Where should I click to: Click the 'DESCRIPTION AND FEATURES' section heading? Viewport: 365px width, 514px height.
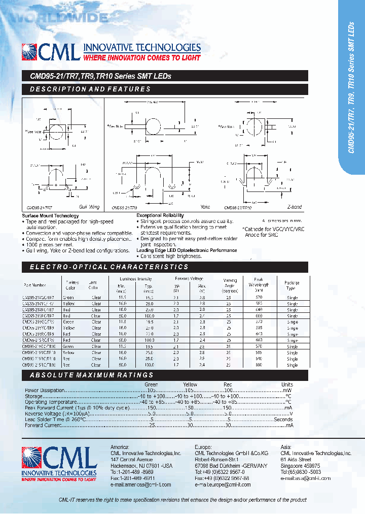[90, 89]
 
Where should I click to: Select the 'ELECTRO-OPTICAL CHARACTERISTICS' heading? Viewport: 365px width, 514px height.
[108, 267]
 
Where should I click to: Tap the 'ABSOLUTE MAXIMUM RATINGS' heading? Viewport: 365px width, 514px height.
[91, 375]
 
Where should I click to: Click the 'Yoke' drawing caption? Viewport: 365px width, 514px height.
[205, 207]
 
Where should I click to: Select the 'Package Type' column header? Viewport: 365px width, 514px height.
[292, 285]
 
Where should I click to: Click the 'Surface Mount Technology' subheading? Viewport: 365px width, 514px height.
[51, 216]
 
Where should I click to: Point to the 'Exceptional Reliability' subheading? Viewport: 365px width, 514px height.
[160, 216]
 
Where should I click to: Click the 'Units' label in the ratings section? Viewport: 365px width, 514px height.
[287, 384]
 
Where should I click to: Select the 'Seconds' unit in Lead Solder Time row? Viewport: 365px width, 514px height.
[283, 420]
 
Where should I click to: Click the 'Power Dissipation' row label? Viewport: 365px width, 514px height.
[45, 390]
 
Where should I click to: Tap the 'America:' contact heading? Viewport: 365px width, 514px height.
[120, 447]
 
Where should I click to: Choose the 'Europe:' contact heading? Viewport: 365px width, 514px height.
[203, 447]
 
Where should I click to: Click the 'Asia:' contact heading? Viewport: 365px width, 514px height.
[286, 447]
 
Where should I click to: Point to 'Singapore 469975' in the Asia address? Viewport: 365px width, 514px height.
[300, 465]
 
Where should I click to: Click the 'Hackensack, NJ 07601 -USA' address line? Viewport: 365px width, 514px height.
[141, 466]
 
